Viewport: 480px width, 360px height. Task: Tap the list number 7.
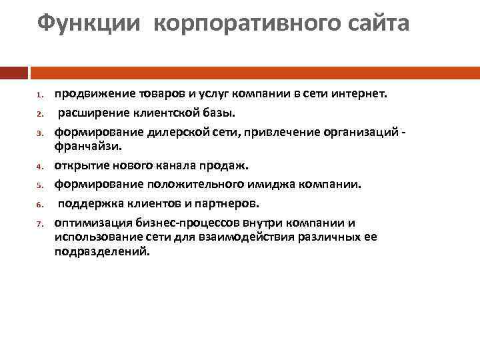pyautogui.click(x=40, y=223)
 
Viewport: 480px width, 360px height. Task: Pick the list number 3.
pyautogui.click(x=40, y=132)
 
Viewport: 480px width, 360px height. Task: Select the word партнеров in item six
pyautogui.click(x=223, y=203)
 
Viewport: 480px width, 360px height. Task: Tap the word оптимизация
pyautogui.click(x=89, y=222)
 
